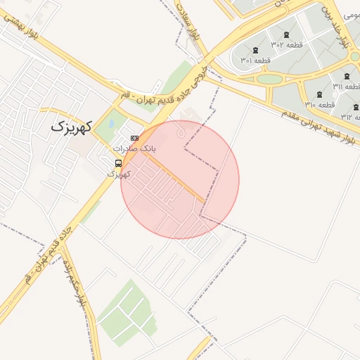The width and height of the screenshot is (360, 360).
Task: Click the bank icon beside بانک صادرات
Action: point(134,138)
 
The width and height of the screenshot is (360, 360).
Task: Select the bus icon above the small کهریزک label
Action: point(117,162)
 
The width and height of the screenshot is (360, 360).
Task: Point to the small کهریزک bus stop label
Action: point(117,173)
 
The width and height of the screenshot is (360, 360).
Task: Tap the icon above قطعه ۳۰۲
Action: point(285,34)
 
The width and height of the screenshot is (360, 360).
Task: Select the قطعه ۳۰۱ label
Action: point(255,60)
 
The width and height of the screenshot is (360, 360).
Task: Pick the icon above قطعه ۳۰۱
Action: point(255,50)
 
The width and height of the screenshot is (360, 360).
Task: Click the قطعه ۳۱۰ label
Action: point(319,105)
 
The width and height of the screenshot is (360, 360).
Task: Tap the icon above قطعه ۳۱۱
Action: point(347,76)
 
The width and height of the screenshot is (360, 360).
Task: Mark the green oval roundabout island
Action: point(269,79)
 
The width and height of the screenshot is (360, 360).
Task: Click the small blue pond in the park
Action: point(111,126)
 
